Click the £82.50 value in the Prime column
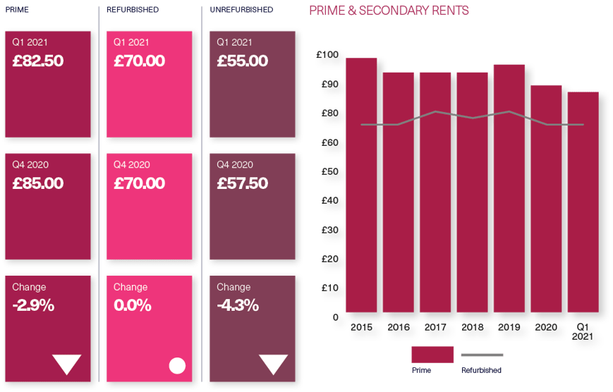38,61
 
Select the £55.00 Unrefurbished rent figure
243,61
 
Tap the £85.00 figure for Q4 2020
38,184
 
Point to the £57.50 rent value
243,184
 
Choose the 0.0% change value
133,306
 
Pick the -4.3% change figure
238,306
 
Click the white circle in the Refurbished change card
177,365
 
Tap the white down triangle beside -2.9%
68,364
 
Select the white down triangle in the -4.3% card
273,364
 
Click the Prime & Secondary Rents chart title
389,11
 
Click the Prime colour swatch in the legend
432,355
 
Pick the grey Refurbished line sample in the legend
482,355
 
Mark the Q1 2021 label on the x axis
583,331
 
